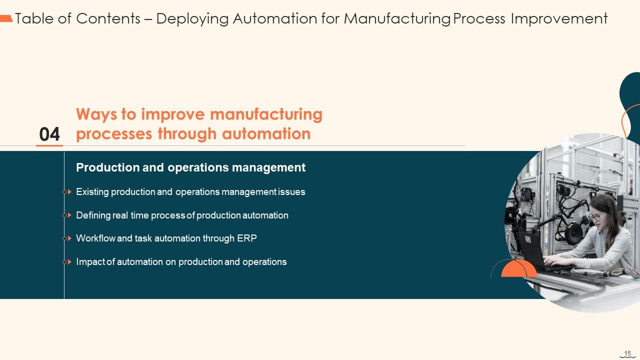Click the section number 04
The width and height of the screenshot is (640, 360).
click(x=49, y=134)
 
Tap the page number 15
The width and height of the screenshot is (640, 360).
click(x=627, y=353)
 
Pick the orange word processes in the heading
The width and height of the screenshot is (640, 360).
click(x=114, y=134)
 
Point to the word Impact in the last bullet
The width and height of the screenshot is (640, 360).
click(x=90, y=262)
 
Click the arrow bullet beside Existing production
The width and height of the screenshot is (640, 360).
click(x=69, y=192)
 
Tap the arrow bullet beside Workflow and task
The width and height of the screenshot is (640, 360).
click(x=69, y=238)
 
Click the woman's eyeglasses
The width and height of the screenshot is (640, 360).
click(x=595, y=217)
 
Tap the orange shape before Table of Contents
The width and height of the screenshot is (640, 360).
click(x=6, y=18)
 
